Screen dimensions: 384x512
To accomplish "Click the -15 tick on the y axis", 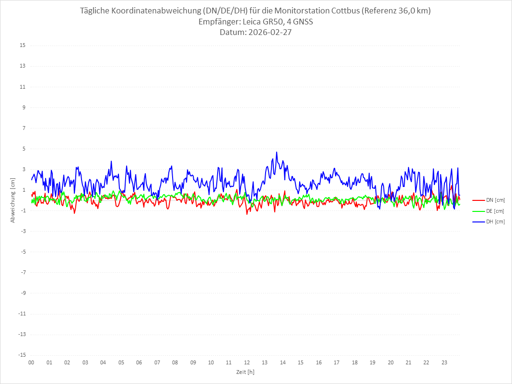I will coord(22,355).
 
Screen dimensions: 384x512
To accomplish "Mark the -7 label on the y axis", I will coord(23,272).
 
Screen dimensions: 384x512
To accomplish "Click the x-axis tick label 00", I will coord(31,362).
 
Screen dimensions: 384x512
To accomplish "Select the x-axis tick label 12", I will coord(247,362).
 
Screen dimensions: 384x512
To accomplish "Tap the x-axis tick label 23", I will coord(444,362).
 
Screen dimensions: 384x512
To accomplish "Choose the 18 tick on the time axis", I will coord(355,362).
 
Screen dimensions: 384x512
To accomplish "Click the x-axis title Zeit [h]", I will coord(245,372).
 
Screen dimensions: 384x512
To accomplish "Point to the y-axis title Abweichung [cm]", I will coord(13,200).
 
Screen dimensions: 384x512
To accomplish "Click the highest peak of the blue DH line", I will coord(277,152).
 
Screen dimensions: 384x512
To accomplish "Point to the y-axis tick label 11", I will coord(23,87).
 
